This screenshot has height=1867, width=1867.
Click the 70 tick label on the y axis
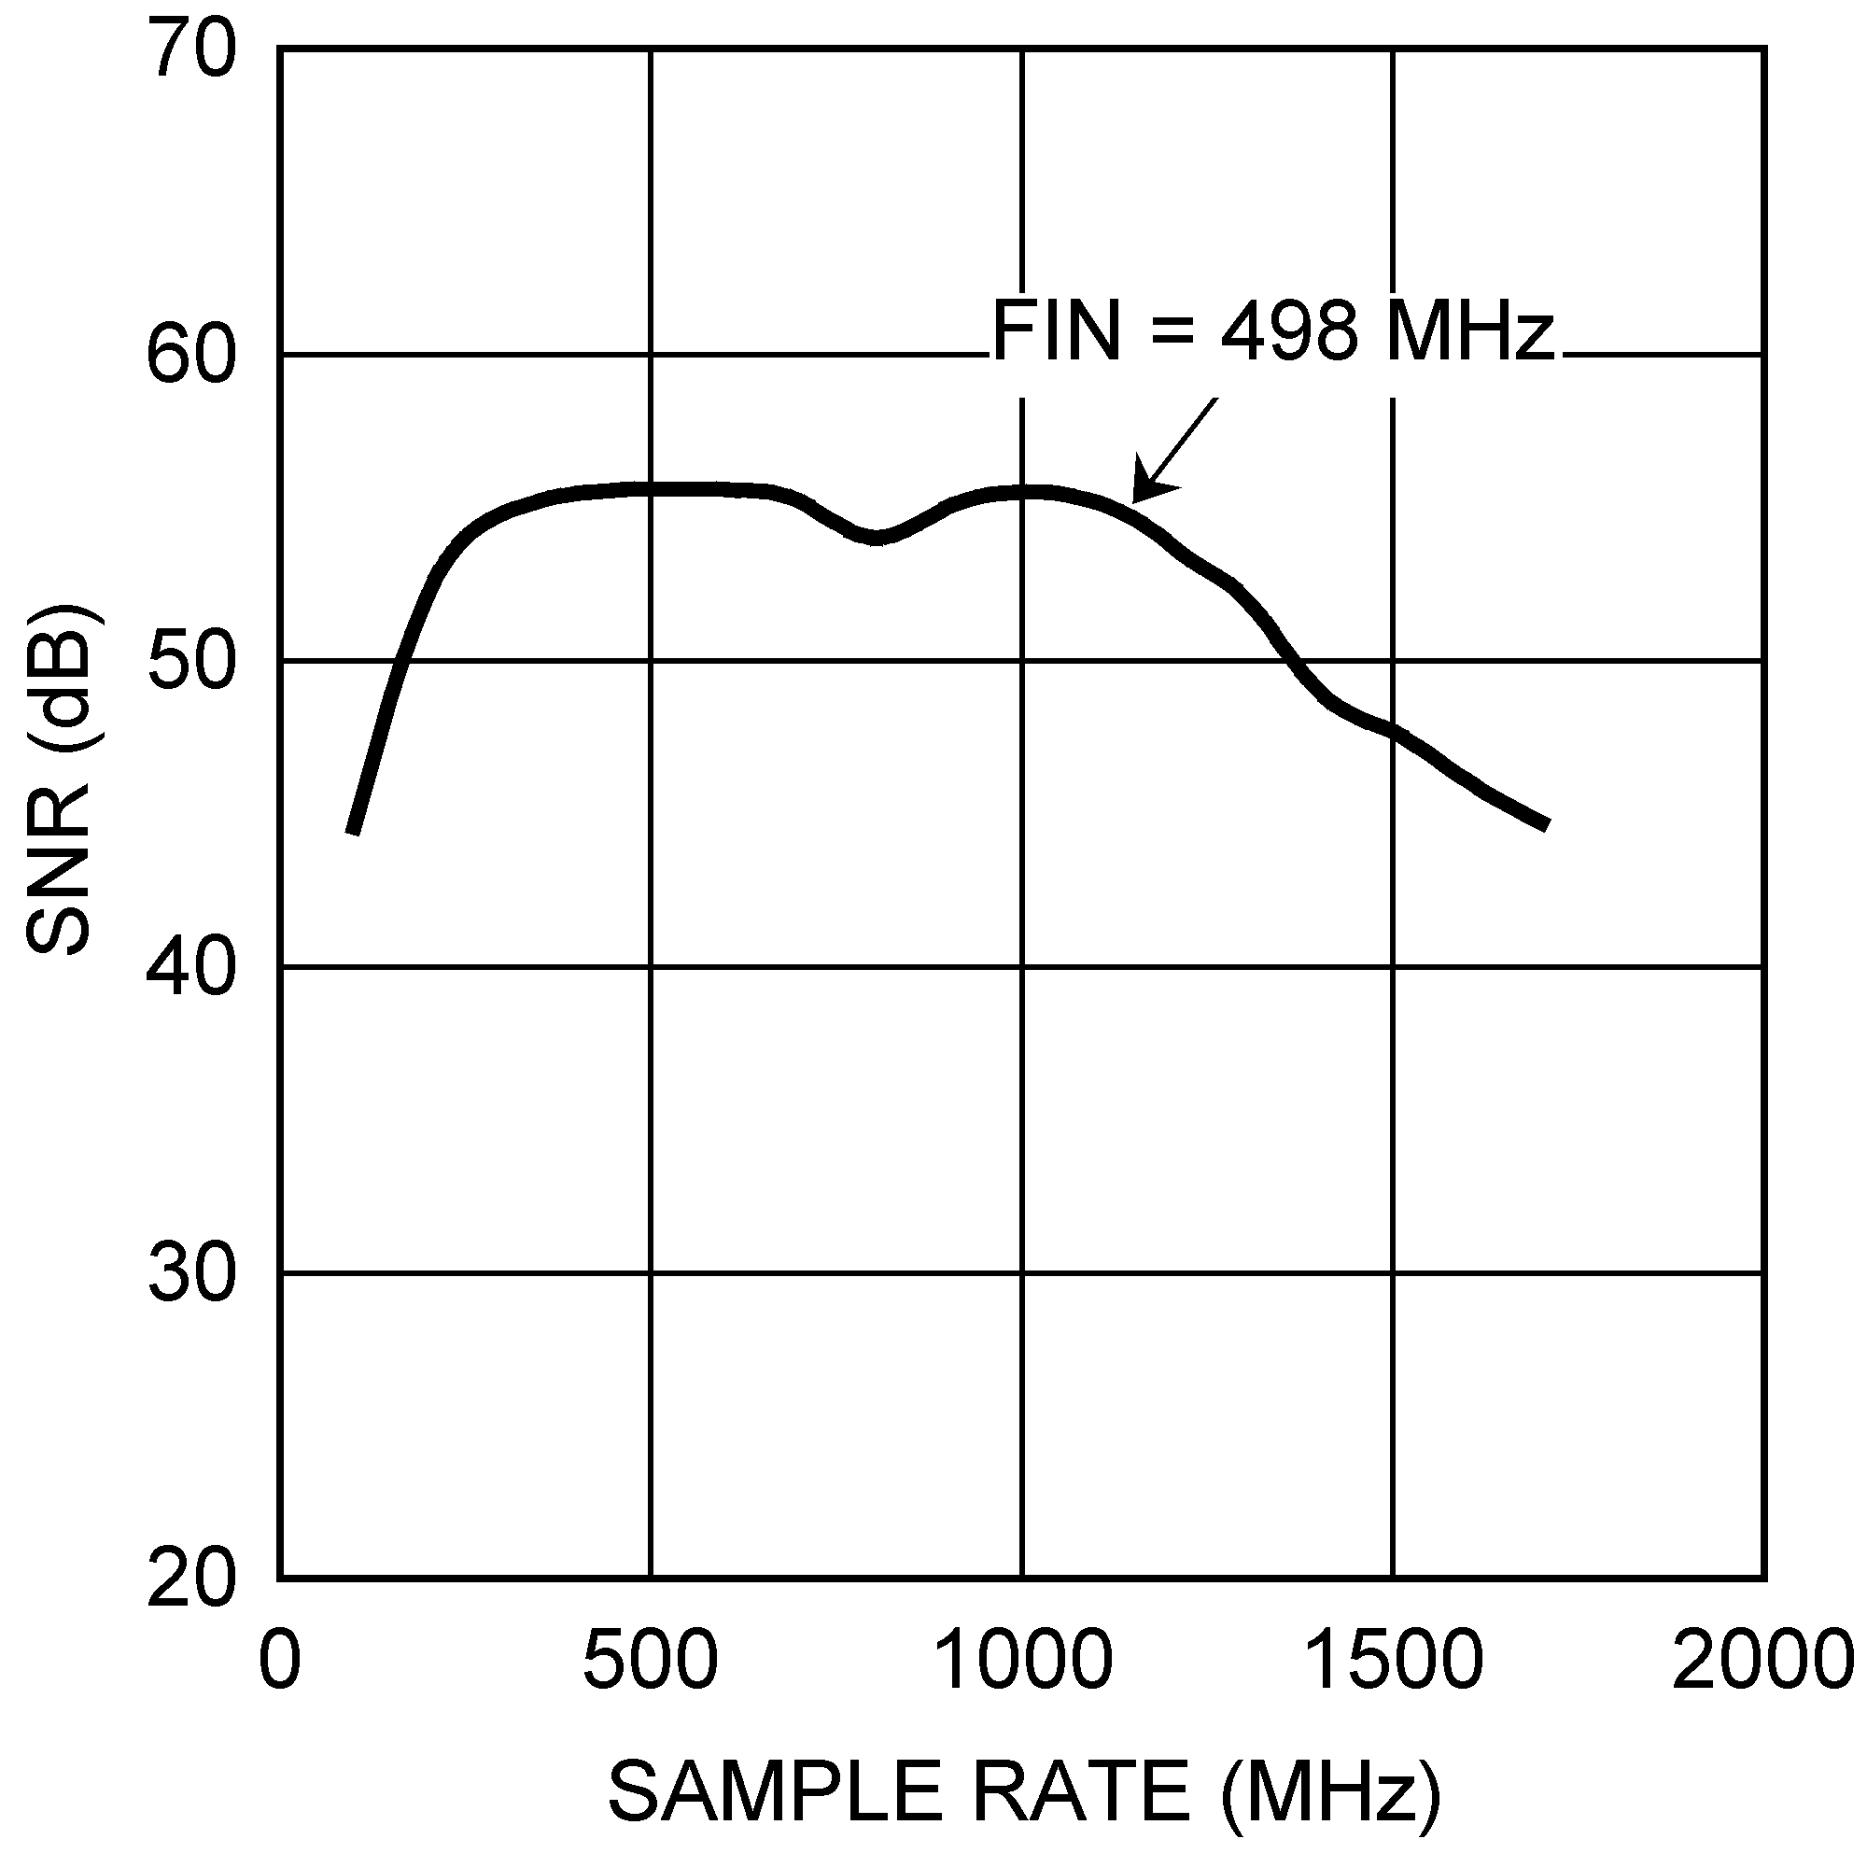pyautogui.click(x=190, y=50)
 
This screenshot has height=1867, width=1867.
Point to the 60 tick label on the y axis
pyautogui.click(x=190, y=356)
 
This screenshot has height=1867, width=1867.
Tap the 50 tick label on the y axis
pyautogui.click(x=190, y=662)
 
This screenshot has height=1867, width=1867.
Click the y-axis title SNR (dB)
pyautogui.click(x=60, y=779)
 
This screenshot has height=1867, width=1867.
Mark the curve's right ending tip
pyautogui.click(x=1547, y=824)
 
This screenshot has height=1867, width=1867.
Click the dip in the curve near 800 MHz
pyautogui.click(x=876, y=538)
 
